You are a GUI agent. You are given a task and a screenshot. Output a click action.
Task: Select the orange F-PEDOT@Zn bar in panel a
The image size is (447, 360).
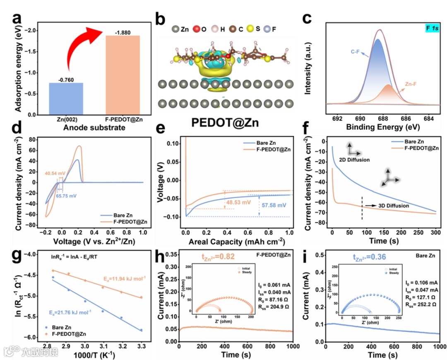[x=123, y=75]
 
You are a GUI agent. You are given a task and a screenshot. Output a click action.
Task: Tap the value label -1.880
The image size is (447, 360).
[x=123, y=31]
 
